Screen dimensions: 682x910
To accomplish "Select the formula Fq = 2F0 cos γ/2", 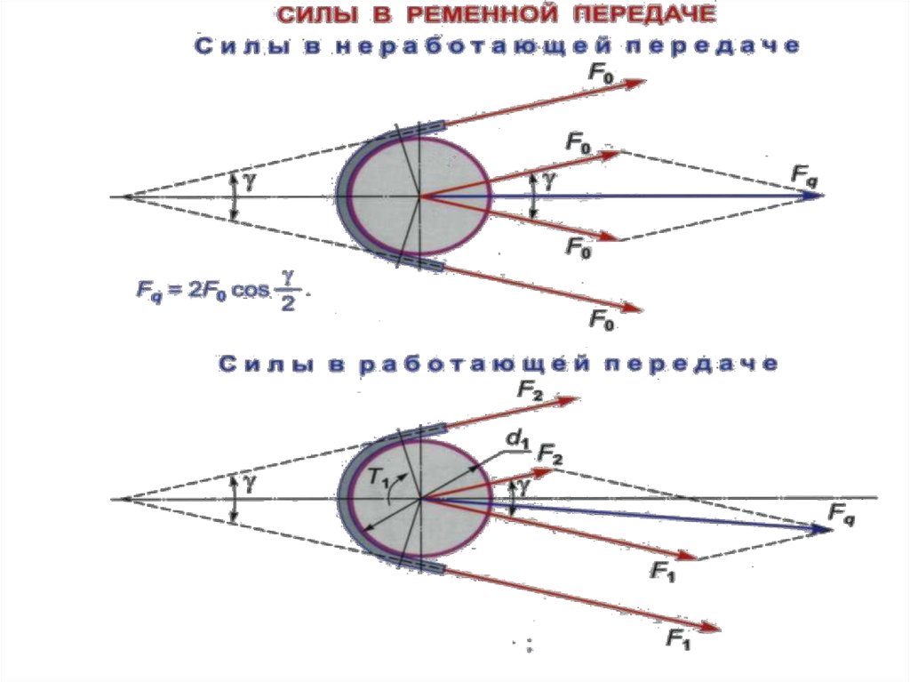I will point(219,291).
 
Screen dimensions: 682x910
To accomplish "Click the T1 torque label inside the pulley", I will point(379,477).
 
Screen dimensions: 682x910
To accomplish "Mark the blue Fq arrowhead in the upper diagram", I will point(812,195).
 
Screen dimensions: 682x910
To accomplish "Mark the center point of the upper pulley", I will point(419,196).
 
